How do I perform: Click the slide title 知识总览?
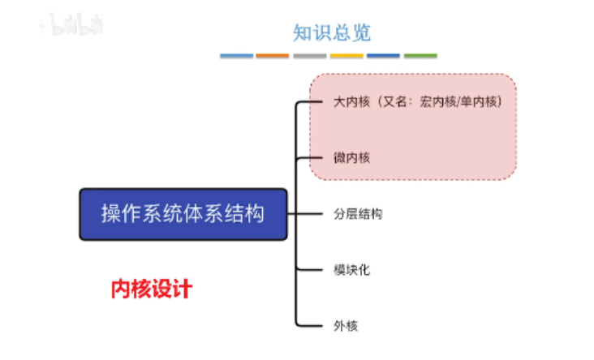pyautogui.click(x=331, y=32)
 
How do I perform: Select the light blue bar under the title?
pyautogui.click(x=236, y=56)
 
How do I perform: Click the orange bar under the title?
pyautogui.click(x=273, y=56)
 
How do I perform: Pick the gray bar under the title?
pyautogui.click(x=310, y=56)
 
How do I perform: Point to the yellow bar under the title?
pyautogui.click(x=346, y=56)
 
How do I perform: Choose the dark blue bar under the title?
pyautogui.click(x=383, y=56)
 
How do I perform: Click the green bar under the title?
pyautogui.click(x=420, y=56)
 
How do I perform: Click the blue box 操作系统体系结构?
pyautogui.click(x=183, y=214)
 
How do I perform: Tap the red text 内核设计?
pyautogui.click(x=151, y=289)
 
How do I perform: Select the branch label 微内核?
pyautogui.click(x=351, y=158)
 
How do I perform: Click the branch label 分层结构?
pyautogui.click(x=358, y=214)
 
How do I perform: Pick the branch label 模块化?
pyautogui.click(x=351, y=269)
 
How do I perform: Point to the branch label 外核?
pyautogui.click(x=346, y=325)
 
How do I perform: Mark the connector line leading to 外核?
pyautogui.click(x=312, y=325)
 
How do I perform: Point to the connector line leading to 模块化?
pyautogui.click(x=312, y=269)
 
